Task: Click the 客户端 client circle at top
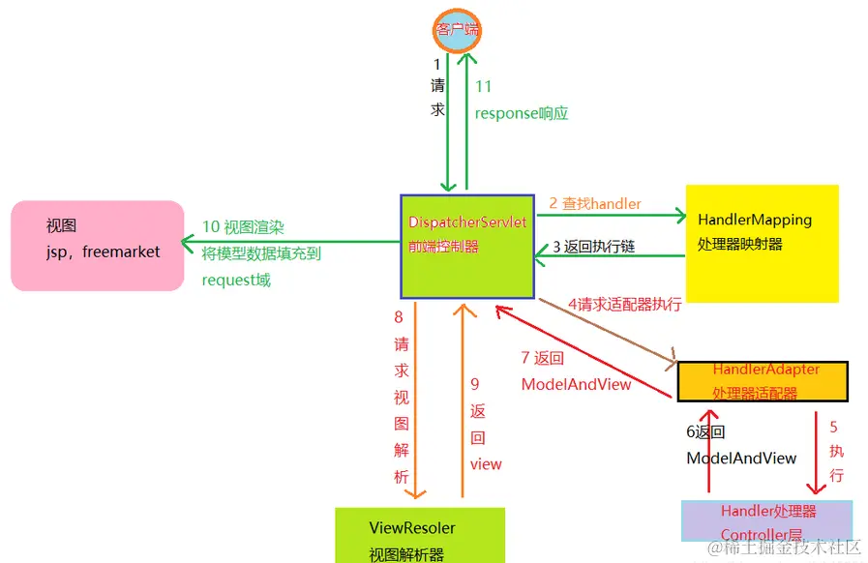click(456, 29)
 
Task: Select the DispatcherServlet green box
click(466, 246)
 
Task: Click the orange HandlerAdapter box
click(763, 381)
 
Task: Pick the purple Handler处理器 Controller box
click(767, 521)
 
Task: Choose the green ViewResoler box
click(419, 535)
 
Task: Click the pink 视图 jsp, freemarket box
click(97, 246)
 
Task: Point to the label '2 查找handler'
click(595, 203)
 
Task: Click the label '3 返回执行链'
click(593, 247)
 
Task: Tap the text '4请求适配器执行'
click(624, 304)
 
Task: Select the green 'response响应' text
click(521, 113)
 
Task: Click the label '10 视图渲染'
click(243, 226)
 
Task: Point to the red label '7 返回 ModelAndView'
click(576, 371)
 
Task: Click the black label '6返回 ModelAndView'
click(741, 445)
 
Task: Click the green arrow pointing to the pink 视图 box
click(290, 242)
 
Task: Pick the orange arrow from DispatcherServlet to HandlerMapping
click(610, 217)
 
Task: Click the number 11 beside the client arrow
click(484, 86)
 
